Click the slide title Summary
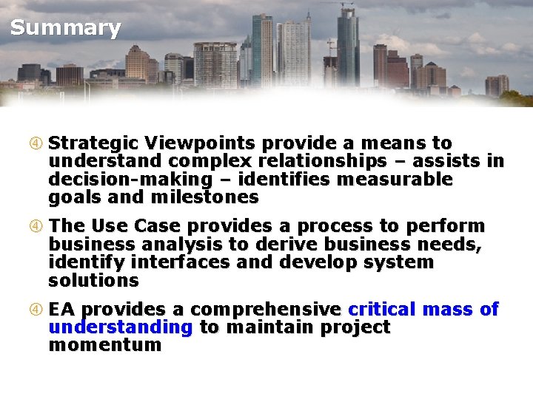65,29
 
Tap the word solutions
93,282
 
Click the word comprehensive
267,310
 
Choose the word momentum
104,346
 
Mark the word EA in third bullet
62,310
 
